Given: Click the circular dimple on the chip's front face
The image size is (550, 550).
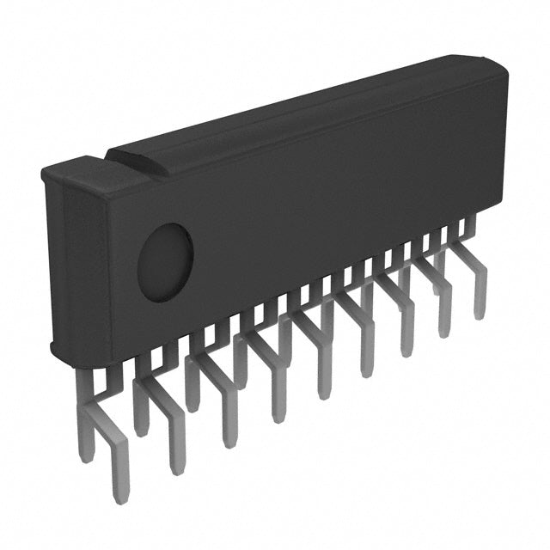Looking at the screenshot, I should pyautogui.click(x=165, y=262).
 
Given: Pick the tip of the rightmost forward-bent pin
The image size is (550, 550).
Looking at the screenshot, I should pyautogui.click(x=480, y=314).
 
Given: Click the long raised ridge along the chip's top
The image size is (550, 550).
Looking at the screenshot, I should pyautogui.click(x=301, y=112).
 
